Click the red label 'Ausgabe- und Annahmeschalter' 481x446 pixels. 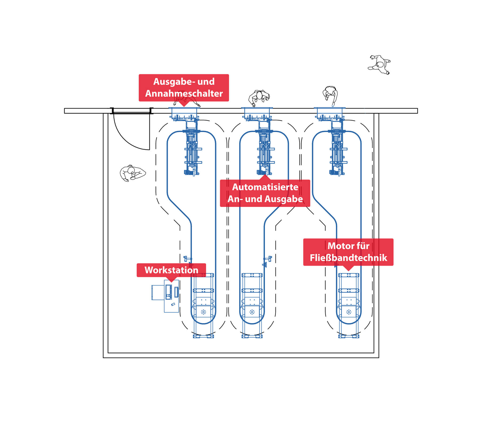[x=184, y=88]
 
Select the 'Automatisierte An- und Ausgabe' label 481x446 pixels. [x=265, y=193]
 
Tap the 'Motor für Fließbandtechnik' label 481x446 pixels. [x=348, y=252]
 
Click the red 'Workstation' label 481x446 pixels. [x=171, y=270]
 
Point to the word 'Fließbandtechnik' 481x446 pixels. [x=348, y=258]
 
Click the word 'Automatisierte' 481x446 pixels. [x=265, y=187]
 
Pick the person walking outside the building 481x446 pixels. [x=379, y=65]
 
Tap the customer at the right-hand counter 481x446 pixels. [x=330, y=96]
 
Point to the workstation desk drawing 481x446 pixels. [x=165, y=296]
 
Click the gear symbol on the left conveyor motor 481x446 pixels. [x=203, y=312]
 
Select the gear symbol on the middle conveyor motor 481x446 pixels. [x=252, y=312]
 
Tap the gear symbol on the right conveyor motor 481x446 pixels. [x=349, y=312]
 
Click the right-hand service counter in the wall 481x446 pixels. [x=329, y=114]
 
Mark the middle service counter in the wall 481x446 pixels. [x=257, y=114]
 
